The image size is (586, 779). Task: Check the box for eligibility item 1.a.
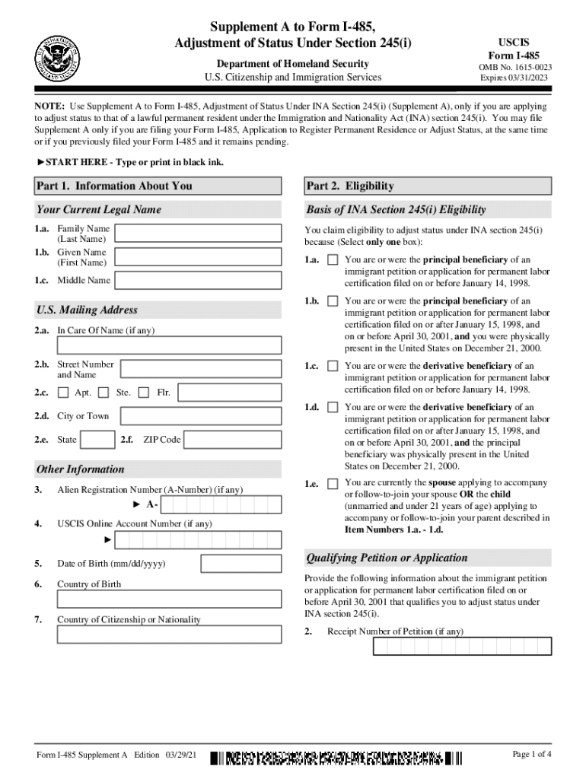[333, 259]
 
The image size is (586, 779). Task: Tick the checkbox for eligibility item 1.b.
[333, 301]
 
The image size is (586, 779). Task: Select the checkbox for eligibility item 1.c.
[333, 366]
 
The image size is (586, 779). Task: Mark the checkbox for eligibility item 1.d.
[333, 408]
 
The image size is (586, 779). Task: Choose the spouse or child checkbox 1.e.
[333, 484]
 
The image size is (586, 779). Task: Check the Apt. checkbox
[63, 393]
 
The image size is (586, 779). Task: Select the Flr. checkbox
[145, 393]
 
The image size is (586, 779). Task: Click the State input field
[97, 440]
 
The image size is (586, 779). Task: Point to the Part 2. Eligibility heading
[351, 186]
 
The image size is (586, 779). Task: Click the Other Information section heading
[80, 469]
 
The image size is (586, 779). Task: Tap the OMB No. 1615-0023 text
[515, 68]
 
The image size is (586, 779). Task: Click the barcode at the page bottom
[336, 758]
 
